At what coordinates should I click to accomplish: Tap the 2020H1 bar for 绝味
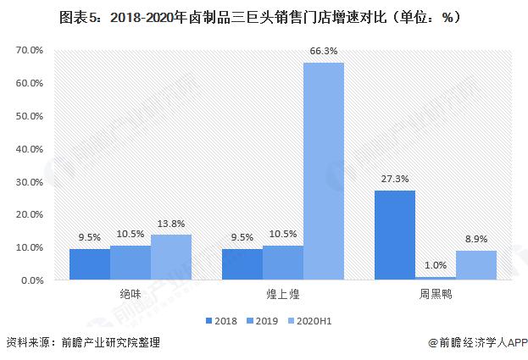tap(171, 258)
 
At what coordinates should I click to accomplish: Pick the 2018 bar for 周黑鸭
tap(394, 235)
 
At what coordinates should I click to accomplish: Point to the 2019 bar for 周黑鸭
tap(435, 278)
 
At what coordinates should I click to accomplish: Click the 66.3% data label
tap(324, 53)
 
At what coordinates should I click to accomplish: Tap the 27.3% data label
tap(394, 180)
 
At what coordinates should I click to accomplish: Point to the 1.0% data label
tap(435, 266)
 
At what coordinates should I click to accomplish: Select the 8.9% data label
tap(475, 240)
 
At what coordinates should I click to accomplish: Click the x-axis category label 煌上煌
tap(282, 294)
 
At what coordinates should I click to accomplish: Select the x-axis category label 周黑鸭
tap(435, 294)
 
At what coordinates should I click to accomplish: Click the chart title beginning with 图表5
tap(264, 16)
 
